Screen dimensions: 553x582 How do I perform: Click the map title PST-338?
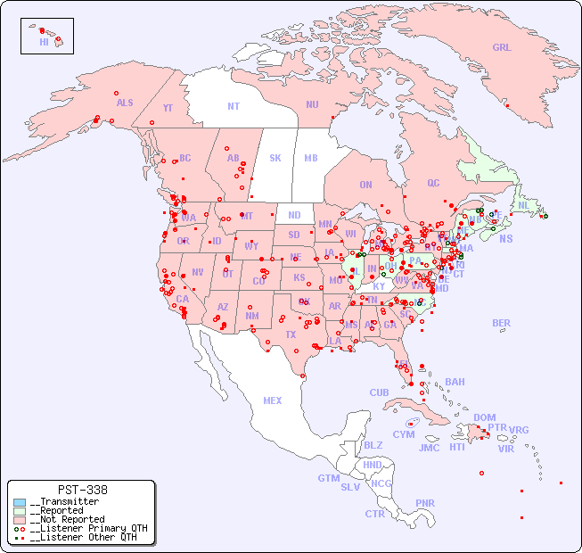point(82,490)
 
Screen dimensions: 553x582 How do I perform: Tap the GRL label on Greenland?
point(502,48)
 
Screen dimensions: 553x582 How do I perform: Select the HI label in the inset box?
point(44,42)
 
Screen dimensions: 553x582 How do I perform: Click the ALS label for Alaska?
point(125,103)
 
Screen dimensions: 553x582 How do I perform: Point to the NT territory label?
point(234,106)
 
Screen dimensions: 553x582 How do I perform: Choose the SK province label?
point(275,159)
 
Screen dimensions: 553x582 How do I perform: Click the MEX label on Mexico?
point(273,400)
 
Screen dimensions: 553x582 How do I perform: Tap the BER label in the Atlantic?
point(502,323)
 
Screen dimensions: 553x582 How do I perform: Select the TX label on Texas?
point(290,334)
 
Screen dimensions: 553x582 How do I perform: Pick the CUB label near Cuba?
point(379,392)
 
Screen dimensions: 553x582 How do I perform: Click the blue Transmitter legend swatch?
point(19,502)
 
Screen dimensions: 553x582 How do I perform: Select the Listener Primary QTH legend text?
point(89,528)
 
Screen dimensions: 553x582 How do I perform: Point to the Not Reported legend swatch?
point(19,519)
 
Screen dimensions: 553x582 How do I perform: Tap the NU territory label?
point(312,105)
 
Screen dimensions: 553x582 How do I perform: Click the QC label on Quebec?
point(433,184)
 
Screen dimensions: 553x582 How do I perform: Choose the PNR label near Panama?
point(425,503)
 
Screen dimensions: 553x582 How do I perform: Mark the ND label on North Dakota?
point(294,215)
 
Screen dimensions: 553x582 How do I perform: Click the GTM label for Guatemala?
point(328,478)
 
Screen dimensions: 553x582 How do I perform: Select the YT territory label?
point(168,108)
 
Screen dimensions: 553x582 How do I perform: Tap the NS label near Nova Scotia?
point(506,239)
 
